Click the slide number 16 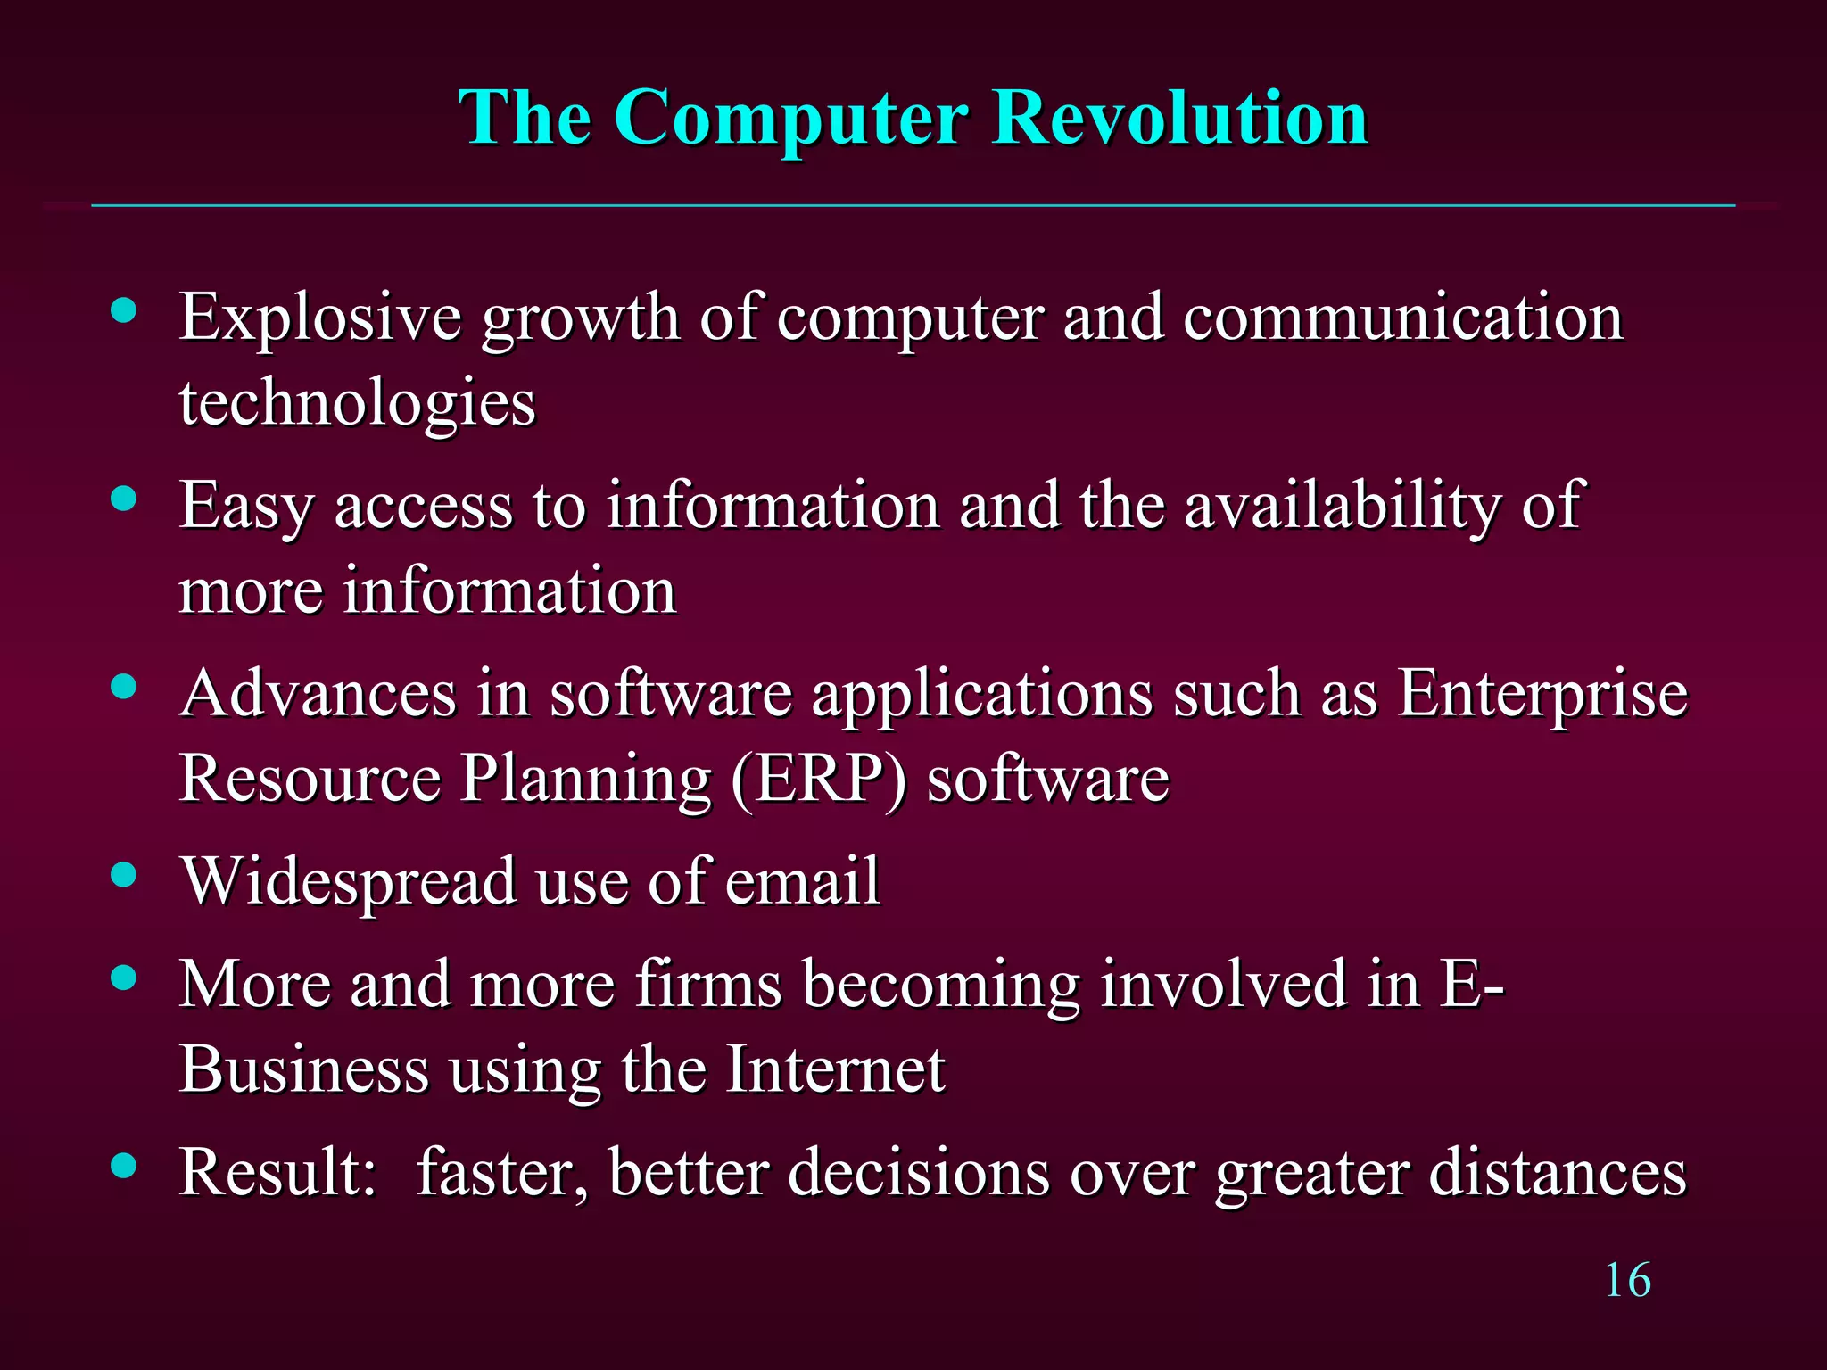click(x=1627, y=1281)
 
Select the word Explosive click(x=320, y=318)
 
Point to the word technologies click(x=357, y=404)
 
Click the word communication click(x=1402, y=318)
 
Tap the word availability click(x=1343, y=507)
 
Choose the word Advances click(x=318, y=693)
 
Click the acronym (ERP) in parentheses click(x=818, y=780)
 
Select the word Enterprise click(x=1542, y=695)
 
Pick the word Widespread click(x=349, y=881)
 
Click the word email click(x=802, y=881)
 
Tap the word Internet click(x=836, y=1069)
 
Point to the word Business click(x=304, y=1069)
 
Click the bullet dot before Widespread click(x=124, y=874)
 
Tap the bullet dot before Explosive click(x=124, y=310)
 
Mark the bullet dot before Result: click(x=124, y=1164)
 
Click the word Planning click(x=585, y=780)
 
